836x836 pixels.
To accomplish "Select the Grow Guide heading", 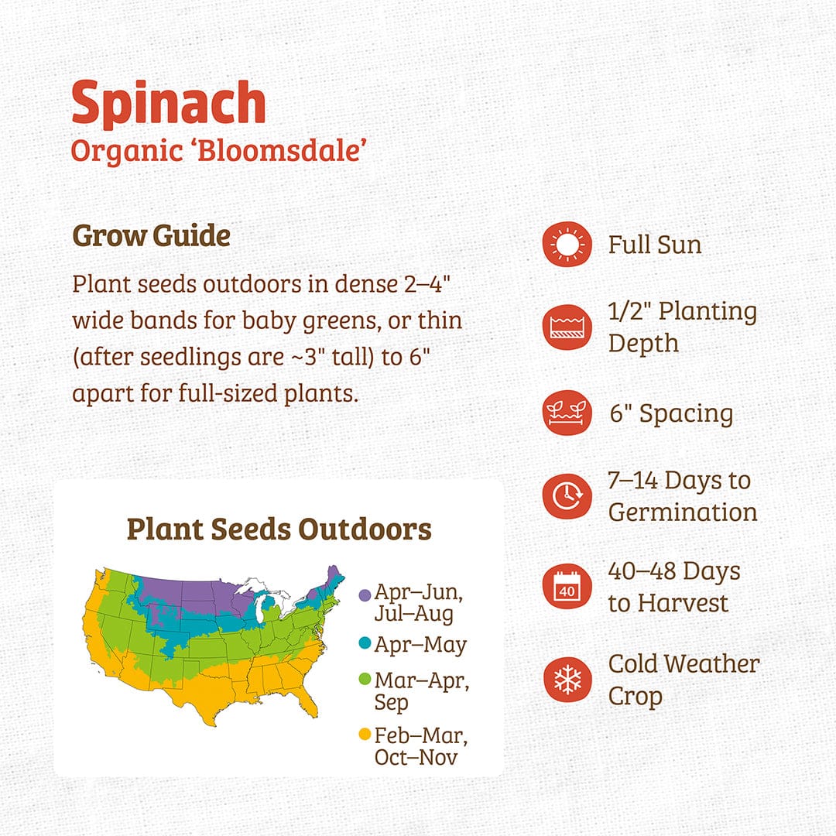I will pos(151,235).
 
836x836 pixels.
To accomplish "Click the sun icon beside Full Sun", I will pos(567,245).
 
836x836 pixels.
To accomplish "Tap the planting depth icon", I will pos(567,327).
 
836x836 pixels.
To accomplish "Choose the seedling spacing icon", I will pos(567,413).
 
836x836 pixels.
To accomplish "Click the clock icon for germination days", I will pos(567,495).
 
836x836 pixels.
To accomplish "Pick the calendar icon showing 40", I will pos(567,588).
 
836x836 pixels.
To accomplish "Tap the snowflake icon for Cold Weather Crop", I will pos(567,680).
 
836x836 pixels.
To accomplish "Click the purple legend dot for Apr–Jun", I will pos(365,594).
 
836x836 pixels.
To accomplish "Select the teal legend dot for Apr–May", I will pos(365,644).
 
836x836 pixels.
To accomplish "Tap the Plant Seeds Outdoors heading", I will pos(279,529).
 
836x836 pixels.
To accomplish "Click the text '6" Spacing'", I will pos(670,413).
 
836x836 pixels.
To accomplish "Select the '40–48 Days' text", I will pos(674,571).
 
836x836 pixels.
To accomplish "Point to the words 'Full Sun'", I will pos(655,245).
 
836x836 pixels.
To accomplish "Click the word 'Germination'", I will pos(683,512).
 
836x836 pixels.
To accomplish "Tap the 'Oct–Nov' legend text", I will pos(416,756).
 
